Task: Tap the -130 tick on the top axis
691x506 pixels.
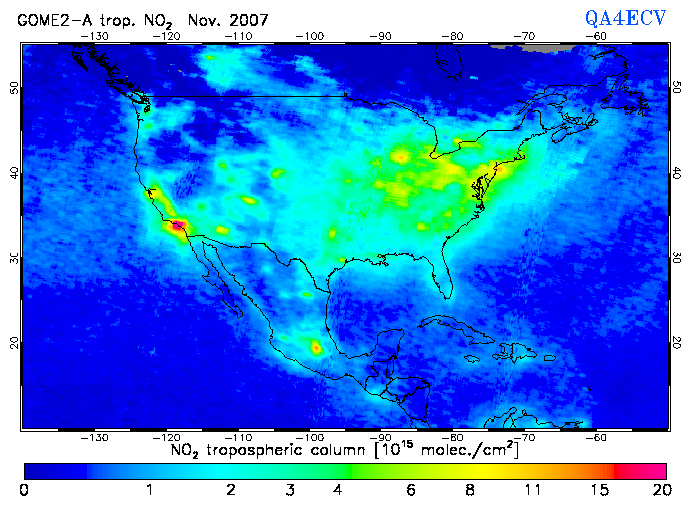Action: point(96,37)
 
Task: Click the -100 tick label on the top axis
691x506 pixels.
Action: point(311,37)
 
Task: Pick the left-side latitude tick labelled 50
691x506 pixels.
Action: point(14,87)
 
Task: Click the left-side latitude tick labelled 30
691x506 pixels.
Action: point(14,257)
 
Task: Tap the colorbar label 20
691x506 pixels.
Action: point(658,490)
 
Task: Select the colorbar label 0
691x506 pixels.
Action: point(24,490)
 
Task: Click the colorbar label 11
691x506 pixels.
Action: point(535,490)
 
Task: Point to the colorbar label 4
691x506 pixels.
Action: point(337,490)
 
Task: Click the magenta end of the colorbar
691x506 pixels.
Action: point(649,470)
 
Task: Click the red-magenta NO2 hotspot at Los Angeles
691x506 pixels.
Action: point(178,226)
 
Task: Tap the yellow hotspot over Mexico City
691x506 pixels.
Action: point(317,348)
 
